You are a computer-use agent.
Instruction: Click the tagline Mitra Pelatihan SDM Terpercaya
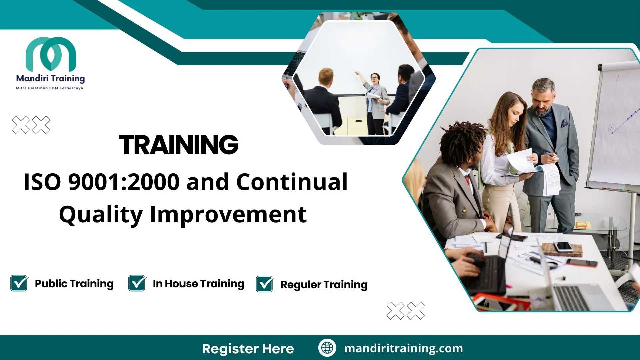50,88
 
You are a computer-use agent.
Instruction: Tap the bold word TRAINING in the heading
179,145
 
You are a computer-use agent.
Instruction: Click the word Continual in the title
292,182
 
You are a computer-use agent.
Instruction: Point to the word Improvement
228,214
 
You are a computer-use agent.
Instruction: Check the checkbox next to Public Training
19,284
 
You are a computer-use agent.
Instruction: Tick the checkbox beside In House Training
137,284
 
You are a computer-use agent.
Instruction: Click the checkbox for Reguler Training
265,284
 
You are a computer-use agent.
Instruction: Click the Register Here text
248,349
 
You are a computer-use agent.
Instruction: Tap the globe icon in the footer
327,348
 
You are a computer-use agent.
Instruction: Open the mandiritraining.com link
403,348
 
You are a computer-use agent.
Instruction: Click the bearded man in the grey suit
550,143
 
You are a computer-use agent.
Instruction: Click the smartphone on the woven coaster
563,247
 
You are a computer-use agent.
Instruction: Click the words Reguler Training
324,285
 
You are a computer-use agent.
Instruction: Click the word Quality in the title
101,214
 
